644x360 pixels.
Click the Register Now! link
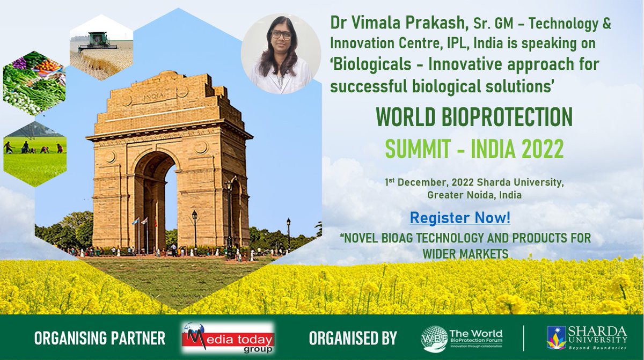click(460, 219)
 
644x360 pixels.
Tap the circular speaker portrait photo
click(281, 54)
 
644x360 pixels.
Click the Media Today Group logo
click(228, 338)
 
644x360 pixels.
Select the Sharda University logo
click(586, 337)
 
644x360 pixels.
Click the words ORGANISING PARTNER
click(100, 339)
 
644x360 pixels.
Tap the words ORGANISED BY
click(353, 339)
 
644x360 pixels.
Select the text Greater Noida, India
click(474, 195)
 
